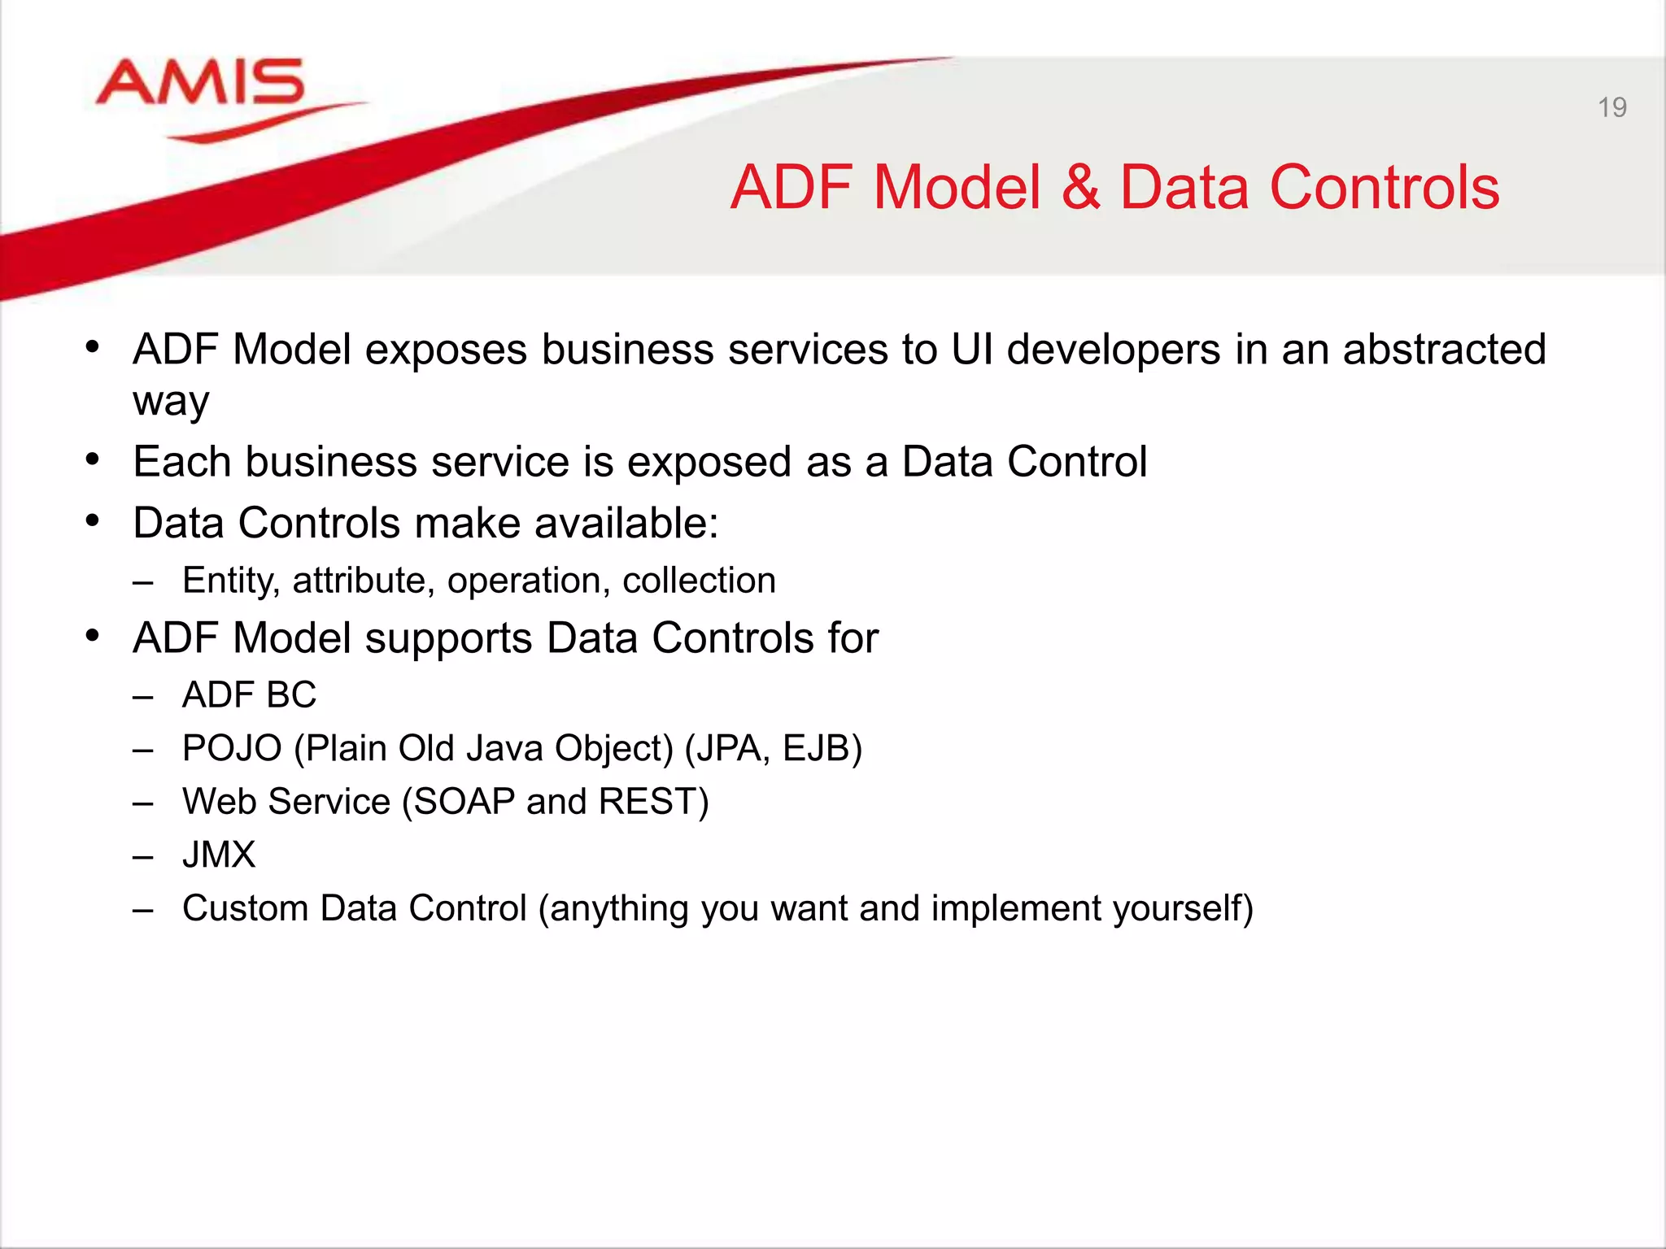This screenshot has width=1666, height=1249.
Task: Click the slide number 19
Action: click(x=1611, y=107)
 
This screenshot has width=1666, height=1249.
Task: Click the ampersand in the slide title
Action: click(x=1080, y=188)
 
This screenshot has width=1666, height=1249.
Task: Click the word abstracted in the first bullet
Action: click(x=1444, y=350)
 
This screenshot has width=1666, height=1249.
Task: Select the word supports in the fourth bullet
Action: click(x=448, y=638)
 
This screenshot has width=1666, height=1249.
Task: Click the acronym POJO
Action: click(x=232, y=748)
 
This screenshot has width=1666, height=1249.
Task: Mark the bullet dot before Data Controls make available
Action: click(x=93, y=521)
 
